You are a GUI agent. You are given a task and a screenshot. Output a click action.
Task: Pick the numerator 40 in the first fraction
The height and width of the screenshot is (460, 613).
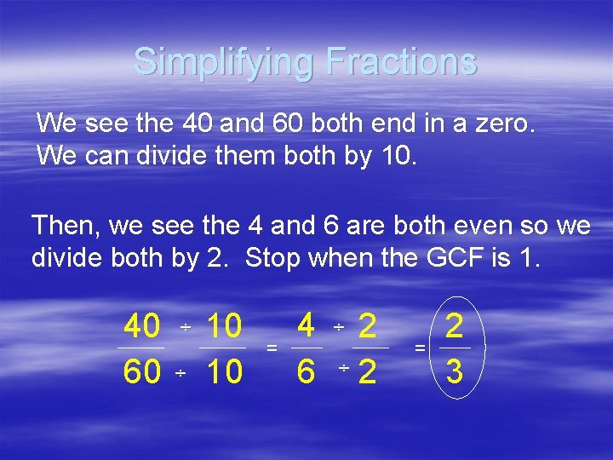[x=142, y=326]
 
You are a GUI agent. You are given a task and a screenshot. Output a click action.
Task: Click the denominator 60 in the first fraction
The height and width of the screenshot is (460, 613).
[x=142, y=371]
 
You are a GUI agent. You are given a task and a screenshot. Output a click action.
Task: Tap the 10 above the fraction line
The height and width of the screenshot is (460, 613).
[x=224, y=326]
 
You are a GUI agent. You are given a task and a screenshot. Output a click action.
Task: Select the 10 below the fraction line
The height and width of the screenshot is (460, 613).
[x=224, y=371]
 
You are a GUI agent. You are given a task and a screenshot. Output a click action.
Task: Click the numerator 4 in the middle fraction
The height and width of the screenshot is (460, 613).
[x=307, y=325]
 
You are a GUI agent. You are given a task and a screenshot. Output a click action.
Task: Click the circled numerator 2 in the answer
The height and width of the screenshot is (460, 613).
[x=455, y=325]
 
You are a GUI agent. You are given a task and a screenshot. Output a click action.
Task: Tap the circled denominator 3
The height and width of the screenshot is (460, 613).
[x=455, y=371]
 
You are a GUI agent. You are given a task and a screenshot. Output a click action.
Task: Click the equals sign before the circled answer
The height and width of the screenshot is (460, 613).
[x=419, y=348]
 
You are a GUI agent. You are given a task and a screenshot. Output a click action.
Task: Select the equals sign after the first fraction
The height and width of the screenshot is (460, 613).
[x=272, y=348]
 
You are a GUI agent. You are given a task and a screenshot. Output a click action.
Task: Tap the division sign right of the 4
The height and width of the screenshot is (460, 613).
[x=338, y=328]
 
